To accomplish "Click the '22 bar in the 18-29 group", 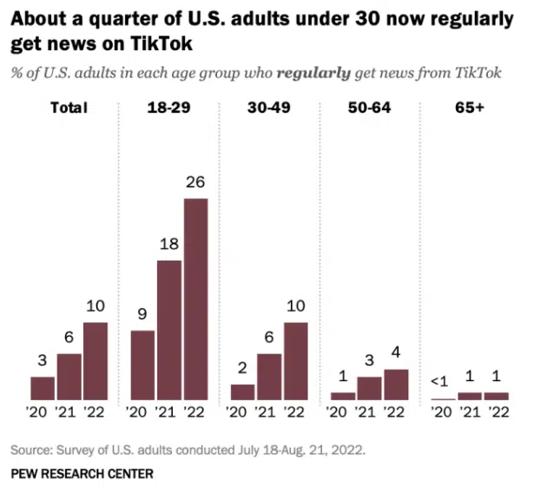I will [x=195, y=299].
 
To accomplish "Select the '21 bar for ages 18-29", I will [x=169, y=330].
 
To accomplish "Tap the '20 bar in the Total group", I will [x=43, y=388].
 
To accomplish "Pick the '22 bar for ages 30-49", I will [x=296, y=361].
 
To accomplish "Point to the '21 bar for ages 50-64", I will [x=370, y=388].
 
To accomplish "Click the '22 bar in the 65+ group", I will [x=497, y=396].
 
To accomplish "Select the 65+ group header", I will [x=471, y=109].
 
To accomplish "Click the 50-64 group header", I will [x=369, y=109].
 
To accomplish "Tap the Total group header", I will [x=69, y=109].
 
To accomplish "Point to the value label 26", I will [x=196, y=183].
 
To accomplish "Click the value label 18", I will [x=169, y=245].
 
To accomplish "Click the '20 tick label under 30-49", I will [x=243, y=412].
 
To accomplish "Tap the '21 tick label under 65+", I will [x=471, y=412].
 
